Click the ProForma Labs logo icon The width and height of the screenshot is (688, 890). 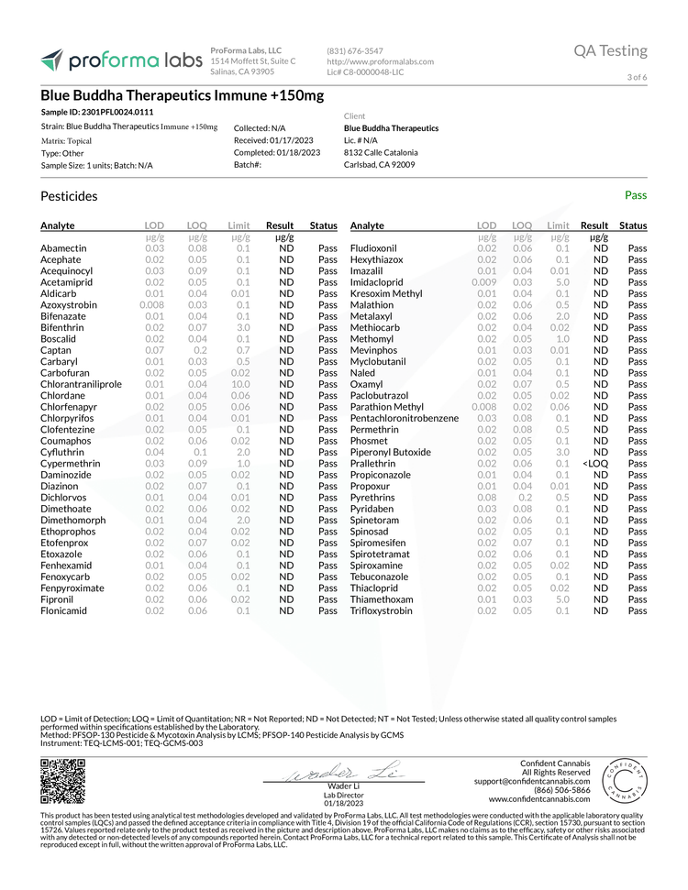pyautogui.click(x=52, y=60)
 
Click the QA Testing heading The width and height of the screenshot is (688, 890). pyautogui.click(x=610, y=50)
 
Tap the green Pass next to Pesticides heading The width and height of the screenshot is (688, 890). pyautogui.click(x=636, y=195)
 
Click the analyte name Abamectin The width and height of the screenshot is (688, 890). pyautogui.click(x=63, y=248)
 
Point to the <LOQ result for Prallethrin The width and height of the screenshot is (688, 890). pyautogui.click(x=594, y=464)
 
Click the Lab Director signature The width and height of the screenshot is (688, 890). pyautogui.click(x=343, y=772)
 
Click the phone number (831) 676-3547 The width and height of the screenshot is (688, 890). pyautogui.click(x=355, y=51)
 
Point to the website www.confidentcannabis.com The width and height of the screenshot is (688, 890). pyautogui.click(x=538, y=799)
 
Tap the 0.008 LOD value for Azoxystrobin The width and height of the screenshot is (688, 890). pyautogui.click(x=151, y=305)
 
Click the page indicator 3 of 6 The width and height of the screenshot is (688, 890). pyautogui.click(x=637, y=77)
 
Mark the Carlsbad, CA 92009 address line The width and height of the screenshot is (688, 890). pyautogui.click(x=380, y=165)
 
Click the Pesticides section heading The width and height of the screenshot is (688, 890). pyautogui.click(x=69, y=196)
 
